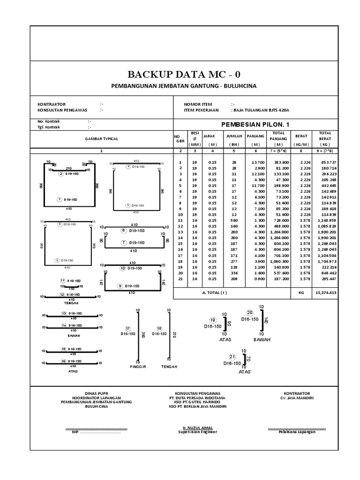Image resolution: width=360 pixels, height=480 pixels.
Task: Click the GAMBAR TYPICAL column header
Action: pos(101,139)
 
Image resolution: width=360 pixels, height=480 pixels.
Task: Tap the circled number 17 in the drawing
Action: pos(127,328)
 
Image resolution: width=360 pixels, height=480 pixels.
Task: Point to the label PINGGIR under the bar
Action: pos(138,367)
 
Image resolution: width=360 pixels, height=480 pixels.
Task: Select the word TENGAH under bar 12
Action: pos(72,302)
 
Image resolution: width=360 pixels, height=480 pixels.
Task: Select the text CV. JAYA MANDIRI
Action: pos(296,397)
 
